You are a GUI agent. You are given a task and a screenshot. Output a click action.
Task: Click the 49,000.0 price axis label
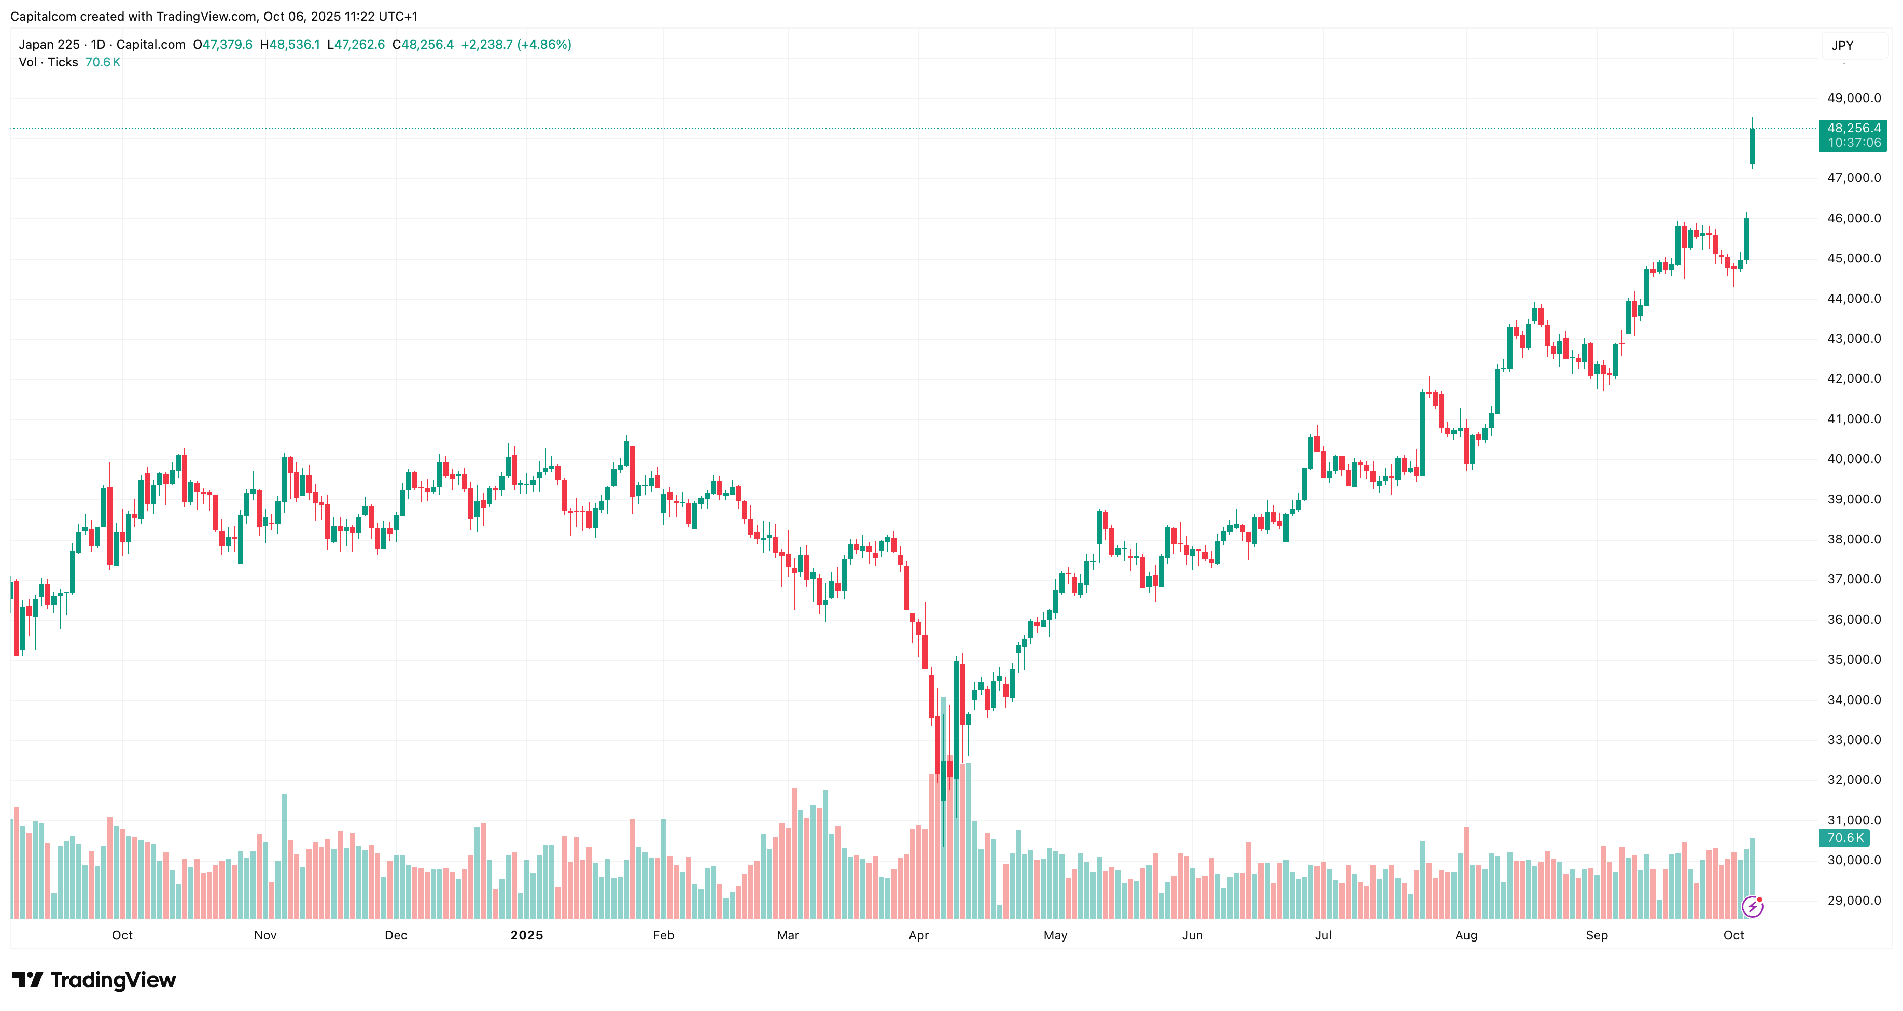click(x=1854, y=98)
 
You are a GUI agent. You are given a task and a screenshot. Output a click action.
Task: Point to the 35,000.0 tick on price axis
click(x=1854, y=659)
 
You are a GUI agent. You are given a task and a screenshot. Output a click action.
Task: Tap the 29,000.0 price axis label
click(x=1854, y=900)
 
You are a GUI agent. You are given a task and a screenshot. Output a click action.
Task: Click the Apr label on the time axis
click(x=918, y=935)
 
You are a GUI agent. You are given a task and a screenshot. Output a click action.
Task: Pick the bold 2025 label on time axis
click(x=527, y=935)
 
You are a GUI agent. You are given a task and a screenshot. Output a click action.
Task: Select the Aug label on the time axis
click(x=1466, y=935)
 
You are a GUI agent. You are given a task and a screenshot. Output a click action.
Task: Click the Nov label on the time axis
click(x=265, y=935)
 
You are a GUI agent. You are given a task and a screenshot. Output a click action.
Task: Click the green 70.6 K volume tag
click(x=1844, y=837)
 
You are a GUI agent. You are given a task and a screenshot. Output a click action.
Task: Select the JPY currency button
click(x=1842, y=46)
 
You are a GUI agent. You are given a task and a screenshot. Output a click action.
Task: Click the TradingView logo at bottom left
click(x=94, y=980)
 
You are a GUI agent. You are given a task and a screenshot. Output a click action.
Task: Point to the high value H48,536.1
click(x=289, y=44)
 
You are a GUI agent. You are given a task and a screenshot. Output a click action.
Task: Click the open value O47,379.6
click(x=223, y=44)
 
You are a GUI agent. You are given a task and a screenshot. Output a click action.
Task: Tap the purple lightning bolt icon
click(x=1752, y=906)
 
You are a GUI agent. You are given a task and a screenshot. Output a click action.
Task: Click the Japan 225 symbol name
click(x=49, y=44)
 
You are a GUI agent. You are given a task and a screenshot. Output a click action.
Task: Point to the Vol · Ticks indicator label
click(x=48, y=62)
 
